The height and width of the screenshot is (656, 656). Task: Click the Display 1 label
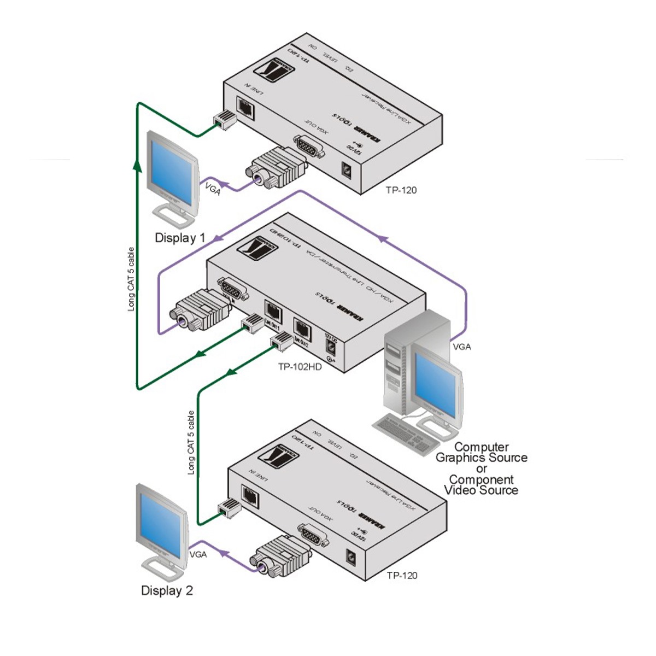[x=180, y=238]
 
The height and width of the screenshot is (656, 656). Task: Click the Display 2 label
[x=167, y=590]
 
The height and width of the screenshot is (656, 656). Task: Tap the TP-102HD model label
[x=300, y=367]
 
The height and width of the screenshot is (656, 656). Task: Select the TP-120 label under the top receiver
[x=401, y=190]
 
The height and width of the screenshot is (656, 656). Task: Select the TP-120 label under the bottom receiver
[x=402, y=575]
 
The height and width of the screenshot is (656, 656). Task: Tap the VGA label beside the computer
[x=461, y=347]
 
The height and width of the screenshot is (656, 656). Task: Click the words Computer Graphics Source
[x=481, y=452]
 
